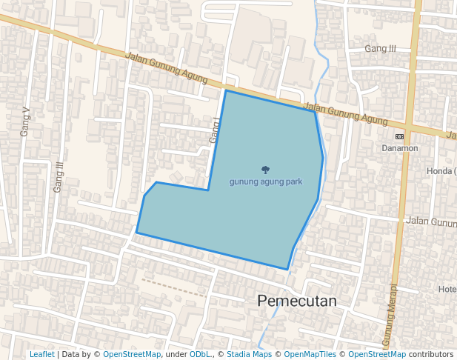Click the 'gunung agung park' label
point(265,181)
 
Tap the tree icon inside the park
point(265,170)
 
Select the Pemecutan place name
point(296,301)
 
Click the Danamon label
point(400,148)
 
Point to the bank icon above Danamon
point(400,137)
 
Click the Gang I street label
point(215,130)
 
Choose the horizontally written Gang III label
point(381,49)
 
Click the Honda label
point(442,172)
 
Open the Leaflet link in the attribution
point(41,355)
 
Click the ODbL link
point(199,355)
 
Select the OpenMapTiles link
point(310,355)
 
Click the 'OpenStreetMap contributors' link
point(401,355)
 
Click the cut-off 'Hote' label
point(447,289)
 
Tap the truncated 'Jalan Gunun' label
point(430,221)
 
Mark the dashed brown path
point(174,287)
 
